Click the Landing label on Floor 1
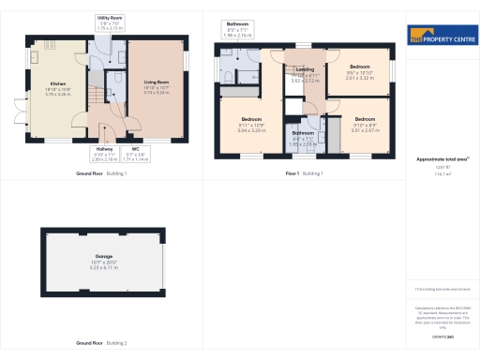pyautogui.click(x=305, y=70)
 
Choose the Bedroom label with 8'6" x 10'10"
pyautogui.click(x=361, y=67)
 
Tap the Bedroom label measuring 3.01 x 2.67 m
pyautogui.click(x=365, y=120)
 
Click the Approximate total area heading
pyautogui.click(x=441, y=159)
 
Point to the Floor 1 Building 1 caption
pyautogui.click(x=304, y=173)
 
